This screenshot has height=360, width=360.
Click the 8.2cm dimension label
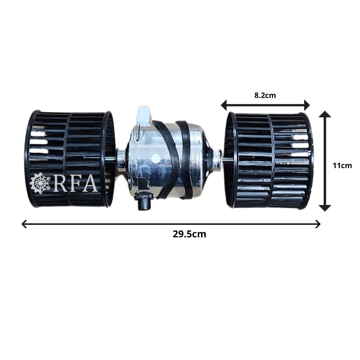pyautogui.click(x=265, y=95)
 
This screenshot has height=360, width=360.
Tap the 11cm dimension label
pyautogui.click(x=342, y=165)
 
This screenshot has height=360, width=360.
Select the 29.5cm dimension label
pyautogui.click(x=189, y=234)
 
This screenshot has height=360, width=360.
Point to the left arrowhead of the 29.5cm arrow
pyautogui.click(x=24, y=224)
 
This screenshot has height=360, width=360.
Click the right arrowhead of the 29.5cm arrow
pyautogui.click(x=318, y=224)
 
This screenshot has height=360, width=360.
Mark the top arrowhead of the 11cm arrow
pyautogui.click(x=325, y=114)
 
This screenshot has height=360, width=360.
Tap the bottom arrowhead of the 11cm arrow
pyautogui.click(x=325, y=208)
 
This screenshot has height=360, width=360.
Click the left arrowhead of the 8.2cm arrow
pyautogui.click(x=224, y=105)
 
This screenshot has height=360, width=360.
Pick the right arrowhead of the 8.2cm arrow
pyautogui.click(x=307, y=105)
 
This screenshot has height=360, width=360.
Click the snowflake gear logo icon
pyautogui.click(x=42, y=183)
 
